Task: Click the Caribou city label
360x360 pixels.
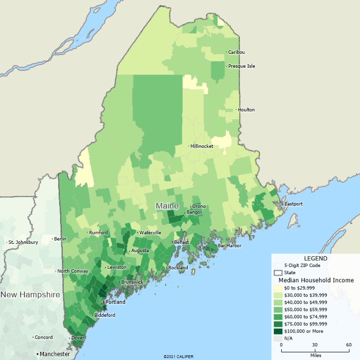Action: click(236, 52)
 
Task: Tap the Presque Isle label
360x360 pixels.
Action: click(241, 66)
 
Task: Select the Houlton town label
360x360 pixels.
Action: click(247, 110)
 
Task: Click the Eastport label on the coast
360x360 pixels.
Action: click(294, 204)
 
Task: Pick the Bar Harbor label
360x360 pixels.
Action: click(229, 246)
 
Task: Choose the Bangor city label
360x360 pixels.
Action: click(194, 212)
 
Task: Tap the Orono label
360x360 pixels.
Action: click(199, 206)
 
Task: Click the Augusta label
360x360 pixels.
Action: click(140, 251)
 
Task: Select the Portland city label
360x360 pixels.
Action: click(115, 302)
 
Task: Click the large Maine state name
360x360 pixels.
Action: click(167, 206)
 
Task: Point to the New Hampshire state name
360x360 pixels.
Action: click(30, 294)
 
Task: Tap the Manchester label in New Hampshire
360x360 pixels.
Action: click(54, 354)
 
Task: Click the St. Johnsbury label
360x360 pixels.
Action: click(23, 242)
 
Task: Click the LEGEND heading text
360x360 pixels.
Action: click(315, 258)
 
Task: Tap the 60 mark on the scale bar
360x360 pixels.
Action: click(349, 345)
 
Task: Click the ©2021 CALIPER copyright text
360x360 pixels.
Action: click(179, 357)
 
